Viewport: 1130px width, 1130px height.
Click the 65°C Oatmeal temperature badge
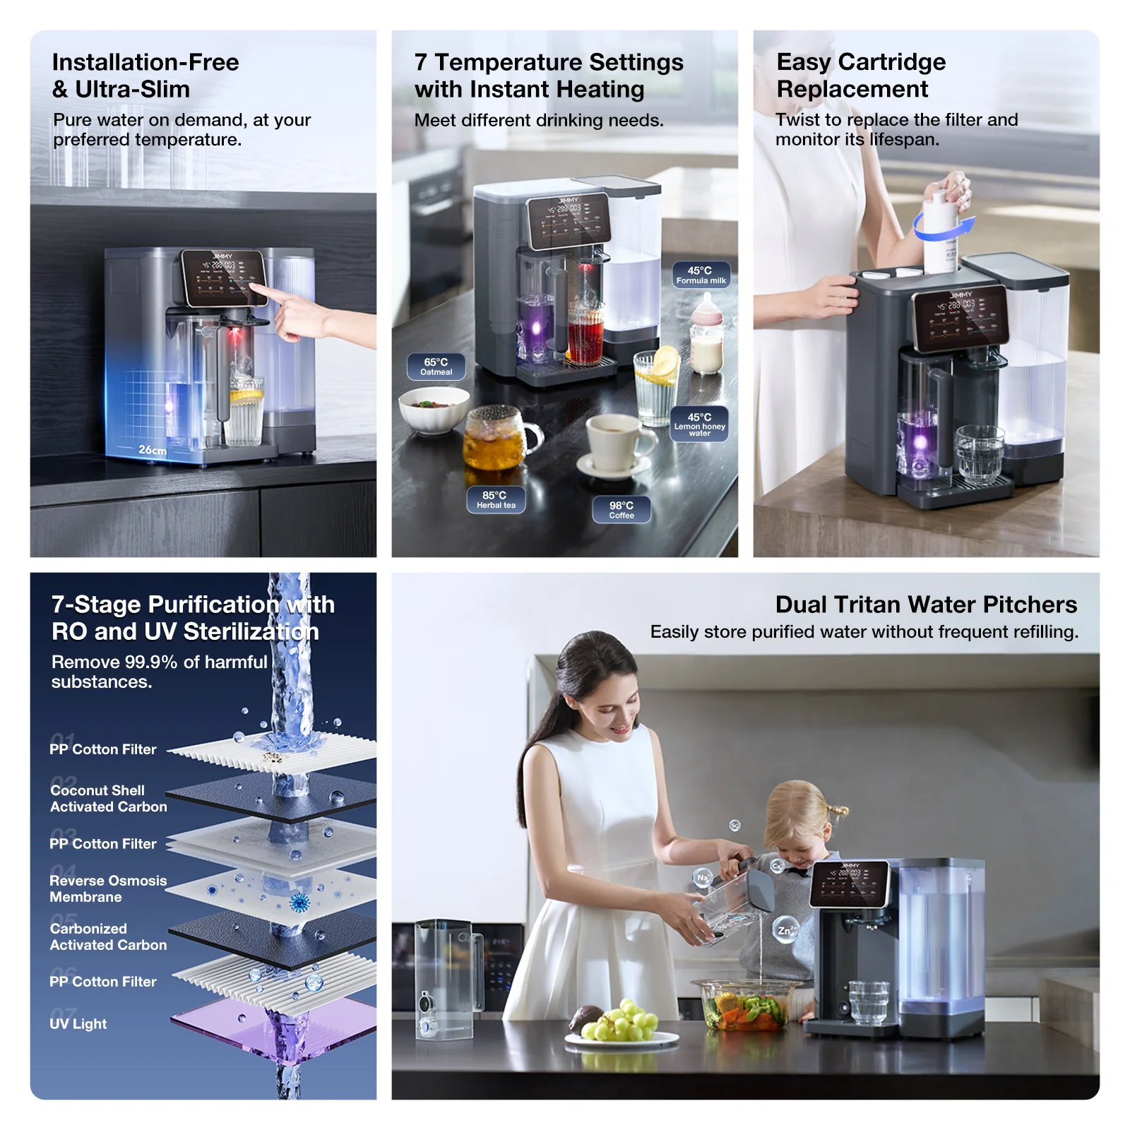(436, 367)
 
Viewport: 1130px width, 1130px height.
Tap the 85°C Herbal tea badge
(496, 499)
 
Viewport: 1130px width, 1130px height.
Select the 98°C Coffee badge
(621, 509)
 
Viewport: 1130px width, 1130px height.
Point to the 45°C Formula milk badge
(701, 275)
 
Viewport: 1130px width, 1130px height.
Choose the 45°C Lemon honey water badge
(699, 424)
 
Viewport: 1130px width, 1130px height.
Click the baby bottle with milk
(706, 335)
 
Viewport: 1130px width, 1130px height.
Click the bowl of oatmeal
(433, 410)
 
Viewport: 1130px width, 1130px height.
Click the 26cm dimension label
(153, 450)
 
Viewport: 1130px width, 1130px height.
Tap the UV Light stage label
(78, 1023)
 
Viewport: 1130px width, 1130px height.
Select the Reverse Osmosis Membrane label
(108, 888)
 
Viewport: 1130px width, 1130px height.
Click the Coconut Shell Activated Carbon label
(109, 798)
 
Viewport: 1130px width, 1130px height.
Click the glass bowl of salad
(746, 1003)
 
